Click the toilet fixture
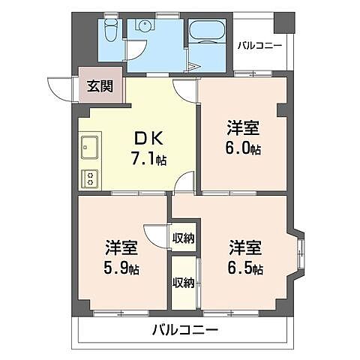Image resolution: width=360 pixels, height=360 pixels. (110, 31)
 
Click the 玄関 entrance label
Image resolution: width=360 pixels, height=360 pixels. (98, 86)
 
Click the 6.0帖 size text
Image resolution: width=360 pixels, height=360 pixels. (244, 148)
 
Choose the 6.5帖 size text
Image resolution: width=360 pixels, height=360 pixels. (246, 268)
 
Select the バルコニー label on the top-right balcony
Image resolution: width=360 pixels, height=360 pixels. (259, 46)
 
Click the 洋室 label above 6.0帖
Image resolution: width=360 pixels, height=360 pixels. (243, 128)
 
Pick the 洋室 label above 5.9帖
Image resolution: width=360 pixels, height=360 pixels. (121, 246)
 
